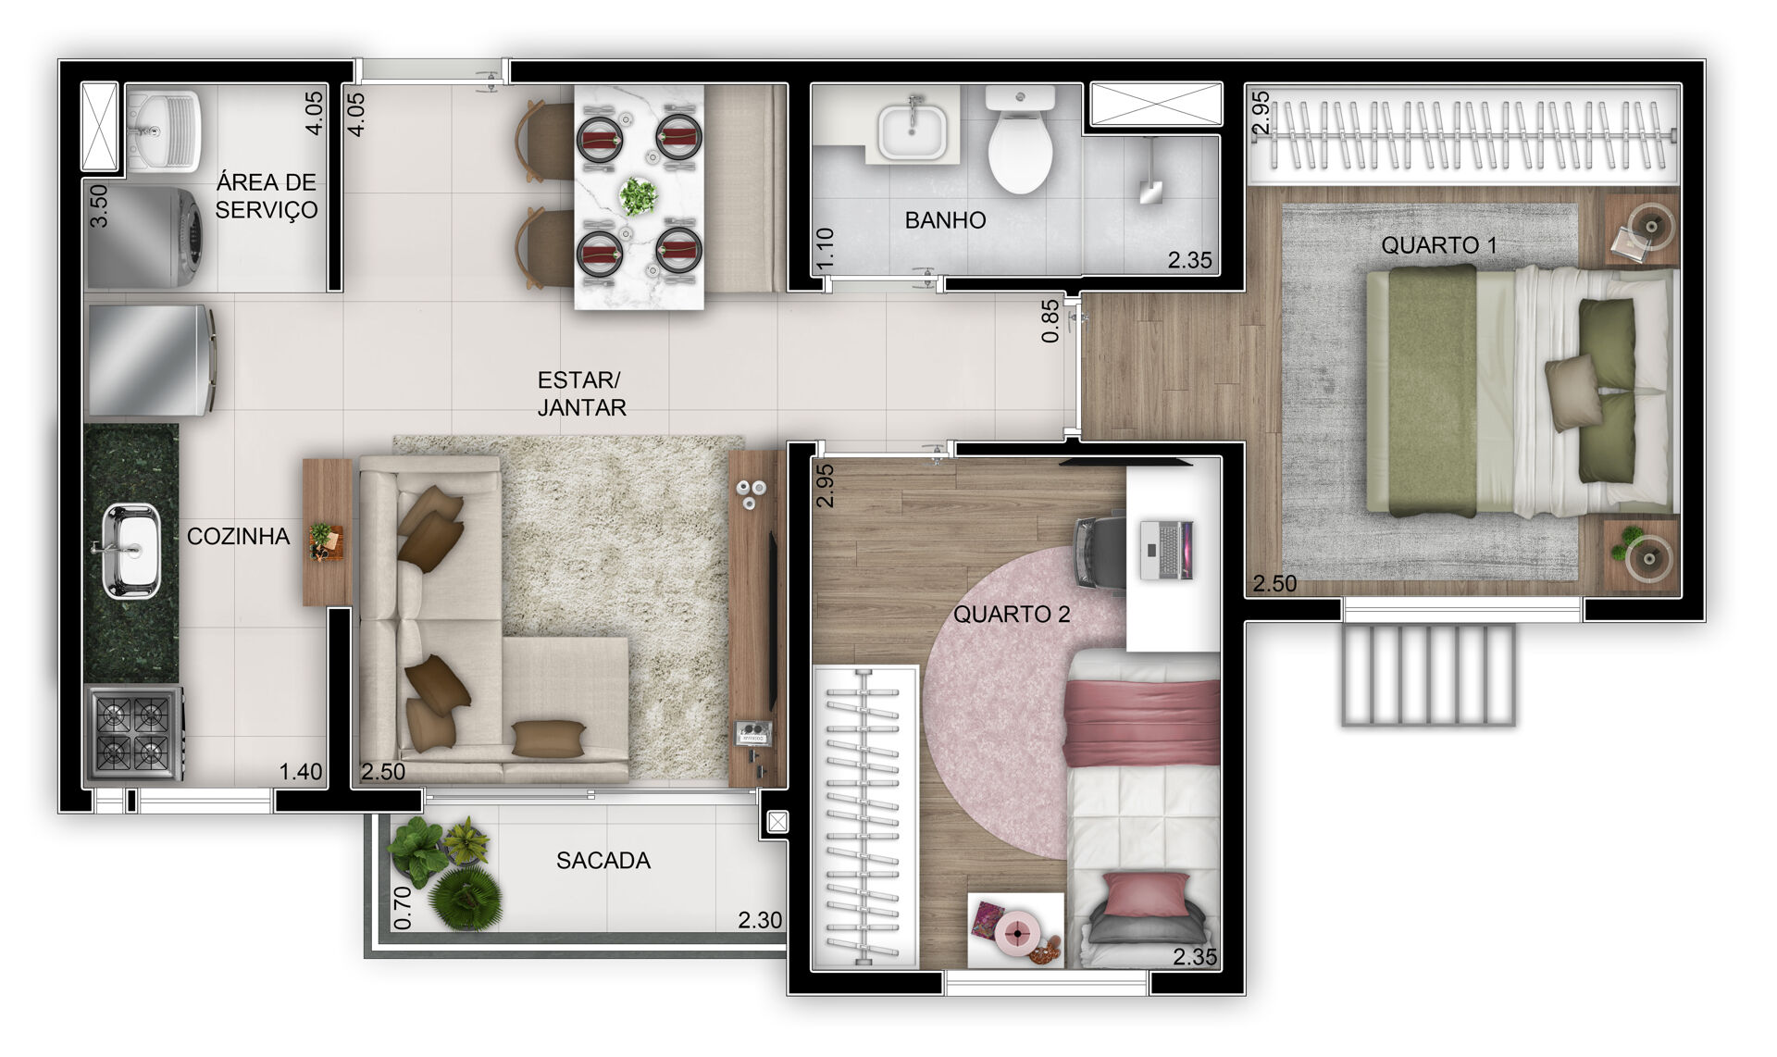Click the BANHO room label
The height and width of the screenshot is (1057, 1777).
[945, 220]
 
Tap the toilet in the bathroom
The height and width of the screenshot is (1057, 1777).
[1020, 139]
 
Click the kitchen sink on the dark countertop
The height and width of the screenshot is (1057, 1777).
[130, 551]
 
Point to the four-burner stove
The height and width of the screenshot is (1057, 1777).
[134, 732]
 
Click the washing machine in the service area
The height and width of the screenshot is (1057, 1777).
[146, 238]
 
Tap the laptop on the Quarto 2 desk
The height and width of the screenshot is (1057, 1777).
[1166, 550]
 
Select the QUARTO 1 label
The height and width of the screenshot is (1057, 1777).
[1438, 245]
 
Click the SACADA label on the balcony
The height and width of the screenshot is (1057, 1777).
[603, 861]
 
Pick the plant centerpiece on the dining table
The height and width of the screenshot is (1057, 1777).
[638, 196]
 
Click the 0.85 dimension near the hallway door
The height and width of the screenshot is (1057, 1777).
[1050, 321]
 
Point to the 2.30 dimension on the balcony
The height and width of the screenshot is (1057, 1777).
[760, 920]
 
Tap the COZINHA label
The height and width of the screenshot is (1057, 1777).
[238, 536]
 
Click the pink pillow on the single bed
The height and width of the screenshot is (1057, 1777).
[1146, 893]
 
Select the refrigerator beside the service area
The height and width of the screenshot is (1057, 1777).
[151, 360]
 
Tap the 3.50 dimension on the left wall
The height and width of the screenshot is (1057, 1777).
[99, 205]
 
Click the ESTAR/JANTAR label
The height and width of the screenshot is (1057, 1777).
[581, 393]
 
